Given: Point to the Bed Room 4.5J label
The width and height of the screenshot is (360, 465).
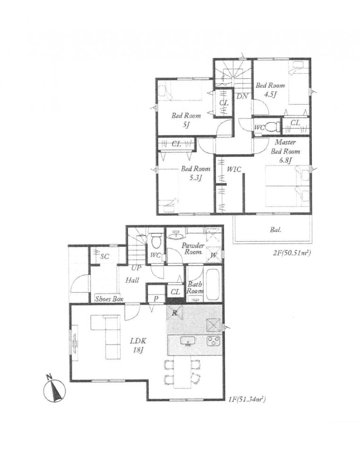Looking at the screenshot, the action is tap(270, 90).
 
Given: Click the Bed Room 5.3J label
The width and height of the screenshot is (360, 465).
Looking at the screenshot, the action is tap(196, 173).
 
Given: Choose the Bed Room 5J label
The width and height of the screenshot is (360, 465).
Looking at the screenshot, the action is tap(186, 120).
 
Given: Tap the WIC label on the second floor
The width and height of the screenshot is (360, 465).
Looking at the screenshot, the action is tap(234, 169).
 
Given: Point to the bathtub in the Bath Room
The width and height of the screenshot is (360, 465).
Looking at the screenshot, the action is tap(212, 284).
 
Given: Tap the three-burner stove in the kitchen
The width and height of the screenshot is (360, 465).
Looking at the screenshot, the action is tap(214, 341).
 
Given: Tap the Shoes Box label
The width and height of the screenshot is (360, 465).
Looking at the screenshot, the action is tap(109, 299).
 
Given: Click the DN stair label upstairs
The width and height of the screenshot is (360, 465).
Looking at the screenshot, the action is tap(242, 96).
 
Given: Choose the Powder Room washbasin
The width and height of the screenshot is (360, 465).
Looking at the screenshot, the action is tap(176, 235).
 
